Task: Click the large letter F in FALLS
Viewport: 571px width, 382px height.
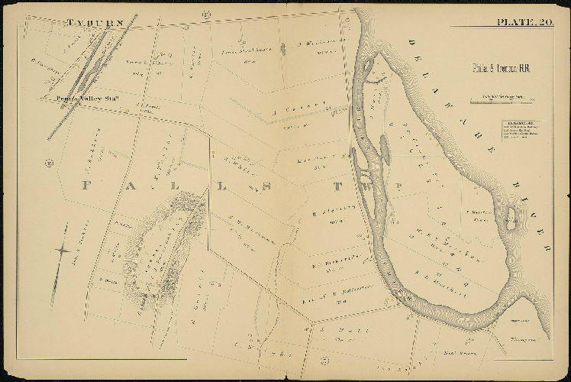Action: click(85, 185)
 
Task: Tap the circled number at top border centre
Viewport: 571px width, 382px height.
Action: click(206, 15)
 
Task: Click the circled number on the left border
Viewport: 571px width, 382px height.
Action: click(47, 162)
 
